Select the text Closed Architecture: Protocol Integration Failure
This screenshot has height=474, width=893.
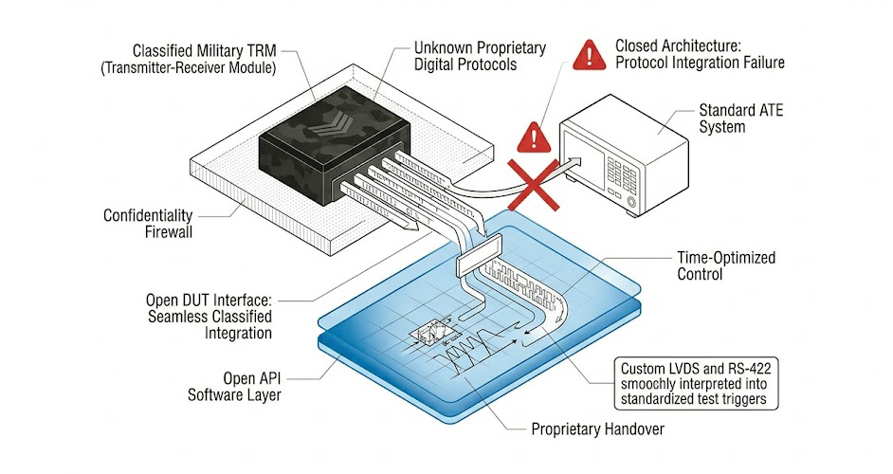[700, 54]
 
